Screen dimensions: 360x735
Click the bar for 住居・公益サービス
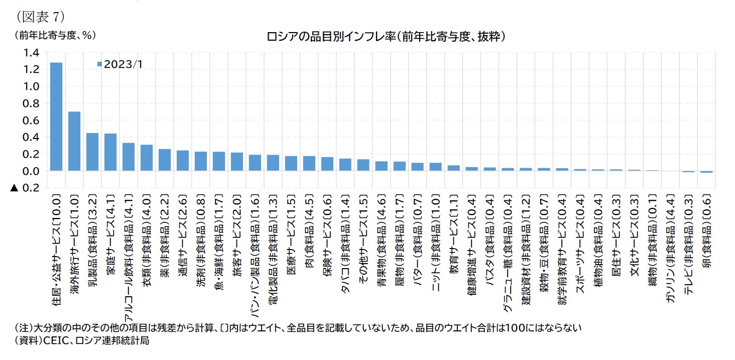56,116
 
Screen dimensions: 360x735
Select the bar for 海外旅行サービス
74,141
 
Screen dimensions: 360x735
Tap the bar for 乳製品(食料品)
92,152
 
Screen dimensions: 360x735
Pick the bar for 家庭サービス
110,152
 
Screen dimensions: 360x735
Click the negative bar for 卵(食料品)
706,172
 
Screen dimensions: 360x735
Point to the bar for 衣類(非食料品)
147,158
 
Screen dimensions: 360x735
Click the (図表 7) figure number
40,16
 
